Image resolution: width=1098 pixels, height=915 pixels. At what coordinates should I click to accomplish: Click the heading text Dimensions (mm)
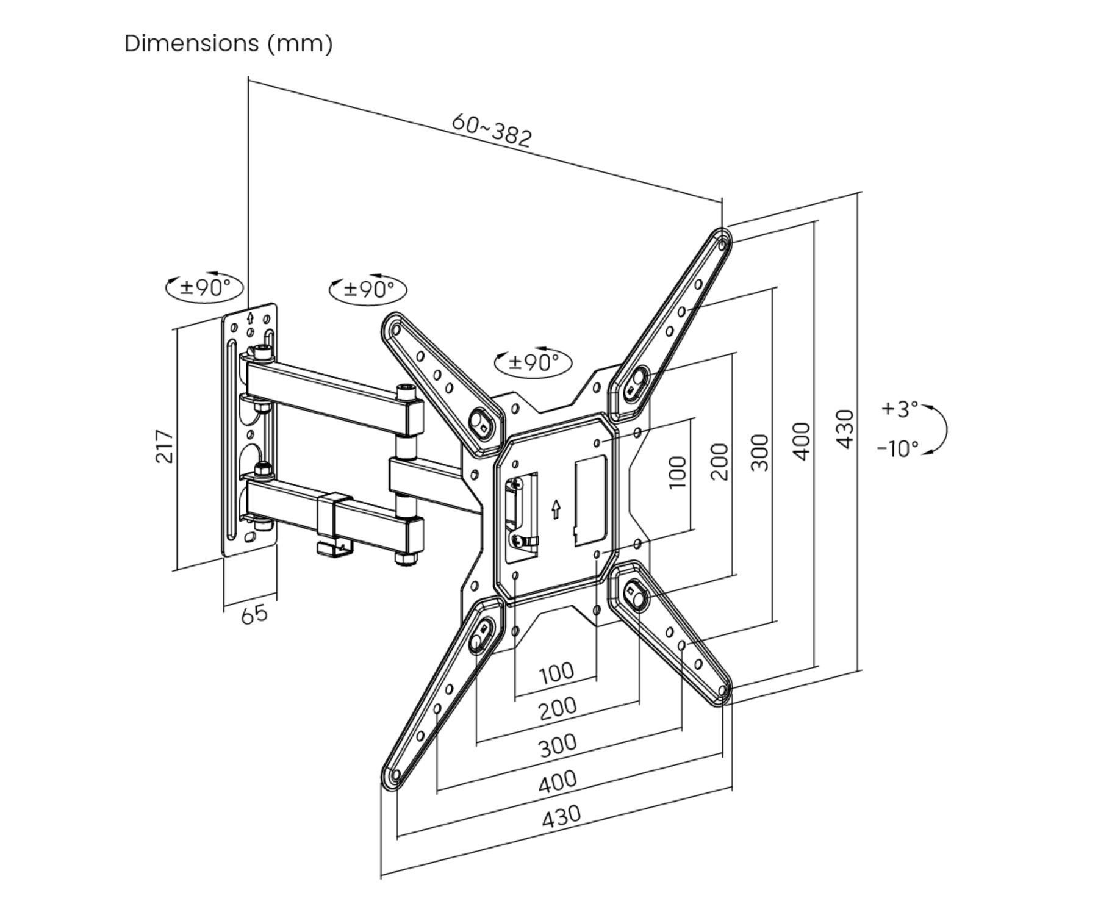tap(229, 44)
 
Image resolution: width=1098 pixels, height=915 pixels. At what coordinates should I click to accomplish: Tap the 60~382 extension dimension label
tap(492, 131)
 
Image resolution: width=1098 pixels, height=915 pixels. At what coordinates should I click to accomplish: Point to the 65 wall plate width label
tap(254, 614)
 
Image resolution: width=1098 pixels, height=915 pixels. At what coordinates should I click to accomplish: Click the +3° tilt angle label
tap(899, 409)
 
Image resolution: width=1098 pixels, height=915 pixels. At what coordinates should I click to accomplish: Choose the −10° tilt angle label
tap(898, 449)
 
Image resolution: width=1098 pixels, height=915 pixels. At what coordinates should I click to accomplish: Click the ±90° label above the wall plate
tap(205, 287)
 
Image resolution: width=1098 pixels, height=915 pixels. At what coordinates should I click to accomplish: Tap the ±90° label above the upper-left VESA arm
tap(368, 289)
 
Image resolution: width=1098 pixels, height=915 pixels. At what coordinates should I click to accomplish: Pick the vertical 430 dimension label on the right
tap(845, 429)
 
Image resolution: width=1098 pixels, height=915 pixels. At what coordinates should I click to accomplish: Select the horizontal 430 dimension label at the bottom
tap(561, 816)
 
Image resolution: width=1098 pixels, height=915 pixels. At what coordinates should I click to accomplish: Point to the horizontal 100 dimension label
tap(556, 673)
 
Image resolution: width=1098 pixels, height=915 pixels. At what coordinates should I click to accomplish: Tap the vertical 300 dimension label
tap(760, 453)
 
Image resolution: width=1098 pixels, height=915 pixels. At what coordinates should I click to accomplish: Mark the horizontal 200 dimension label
tap(558, 708)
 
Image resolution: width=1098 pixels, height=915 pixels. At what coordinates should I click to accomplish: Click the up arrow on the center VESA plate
tap(556, 509)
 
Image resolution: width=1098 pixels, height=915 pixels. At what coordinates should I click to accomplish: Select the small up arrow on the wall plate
tap(250, 317)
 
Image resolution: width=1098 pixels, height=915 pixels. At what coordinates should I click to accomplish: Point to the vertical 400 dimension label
tap(803, 441)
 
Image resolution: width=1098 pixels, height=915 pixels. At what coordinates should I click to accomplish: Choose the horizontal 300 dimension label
tap(558, 745)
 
